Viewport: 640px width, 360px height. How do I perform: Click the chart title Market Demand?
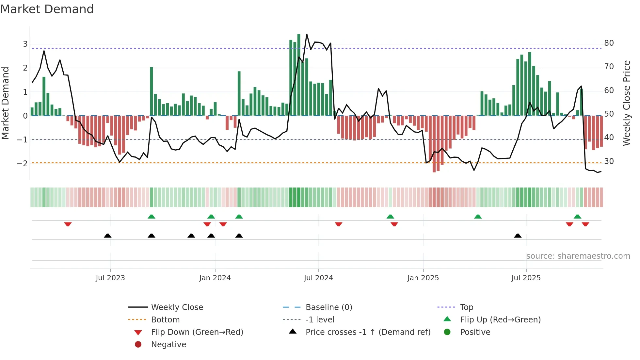(x=47, y=9)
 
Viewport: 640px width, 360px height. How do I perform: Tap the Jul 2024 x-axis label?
(x=318, y=278)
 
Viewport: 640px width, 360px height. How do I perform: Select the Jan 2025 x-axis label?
(x=423, y=278)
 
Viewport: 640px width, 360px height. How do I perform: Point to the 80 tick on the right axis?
(x=609, y=43)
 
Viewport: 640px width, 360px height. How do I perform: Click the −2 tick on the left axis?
(x=22, y=163)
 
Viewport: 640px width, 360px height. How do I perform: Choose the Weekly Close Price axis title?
(x=626, y=103)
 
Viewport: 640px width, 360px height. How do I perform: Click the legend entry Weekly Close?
(x=177, y=307)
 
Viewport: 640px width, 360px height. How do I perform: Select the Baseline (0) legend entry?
(x=328, y=307)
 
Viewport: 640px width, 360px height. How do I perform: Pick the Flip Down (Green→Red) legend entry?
(x=197, y=332)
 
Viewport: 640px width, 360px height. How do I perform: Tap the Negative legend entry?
(x=168, y=345)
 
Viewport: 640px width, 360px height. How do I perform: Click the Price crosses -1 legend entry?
(x=368, y=332)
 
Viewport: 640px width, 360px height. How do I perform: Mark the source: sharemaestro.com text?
(x=578, y=256)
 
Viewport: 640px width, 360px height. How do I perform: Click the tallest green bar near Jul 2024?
(x=299, y=75)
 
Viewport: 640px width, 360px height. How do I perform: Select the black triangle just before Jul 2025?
(x=518, y=236)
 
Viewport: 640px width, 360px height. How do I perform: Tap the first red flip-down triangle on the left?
(x=68, y=224)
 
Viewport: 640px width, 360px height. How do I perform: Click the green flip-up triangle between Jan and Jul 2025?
(x=478, y=217)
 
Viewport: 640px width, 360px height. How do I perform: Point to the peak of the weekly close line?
(x=307, y=34)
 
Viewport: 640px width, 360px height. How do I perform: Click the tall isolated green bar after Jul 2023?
(x=152, y=91)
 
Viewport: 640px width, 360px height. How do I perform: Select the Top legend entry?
(x=466, y=307)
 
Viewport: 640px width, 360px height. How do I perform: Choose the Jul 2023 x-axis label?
(x=110, y=278)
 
